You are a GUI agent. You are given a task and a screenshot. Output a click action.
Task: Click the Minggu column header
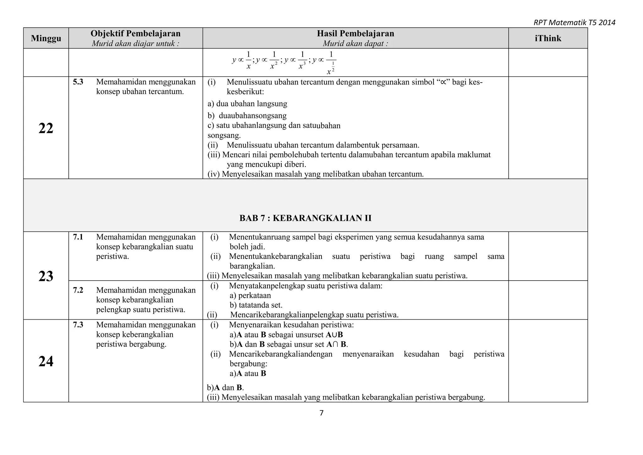46,38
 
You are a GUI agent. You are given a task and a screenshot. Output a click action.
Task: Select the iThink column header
548,38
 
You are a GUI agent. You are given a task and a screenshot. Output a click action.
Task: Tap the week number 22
46,128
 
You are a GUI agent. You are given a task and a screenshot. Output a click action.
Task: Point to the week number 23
46,276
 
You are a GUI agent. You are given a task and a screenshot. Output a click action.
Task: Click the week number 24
46,361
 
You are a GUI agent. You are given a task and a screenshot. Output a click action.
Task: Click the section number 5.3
78,82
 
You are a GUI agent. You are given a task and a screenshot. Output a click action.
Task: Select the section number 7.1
78,237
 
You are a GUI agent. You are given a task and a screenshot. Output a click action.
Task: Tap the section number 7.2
78,290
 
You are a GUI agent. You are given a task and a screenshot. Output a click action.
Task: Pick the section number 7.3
78,325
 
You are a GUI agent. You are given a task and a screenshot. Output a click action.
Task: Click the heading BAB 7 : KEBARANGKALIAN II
305,218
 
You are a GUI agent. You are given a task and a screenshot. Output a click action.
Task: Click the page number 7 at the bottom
321,413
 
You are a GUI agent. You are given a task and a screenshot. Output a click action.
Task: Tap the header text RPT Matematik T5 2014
574,22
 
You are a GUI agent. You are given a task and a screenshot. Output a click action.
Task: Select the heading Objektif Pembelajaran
135,34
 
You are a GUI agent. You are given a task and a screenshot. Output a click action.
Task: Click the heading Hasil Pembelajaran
355,34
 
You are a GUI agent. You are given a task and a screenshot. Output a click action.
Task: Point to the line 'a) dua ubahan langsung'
247,104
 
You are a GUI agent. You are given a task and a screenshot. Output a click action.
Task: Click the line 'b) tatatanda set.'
256,305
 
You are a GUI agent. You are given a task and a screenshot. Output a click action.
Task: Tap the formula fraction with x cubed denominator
302,60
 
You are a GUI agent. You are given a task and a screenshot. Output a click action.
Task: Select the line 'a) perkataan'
250,295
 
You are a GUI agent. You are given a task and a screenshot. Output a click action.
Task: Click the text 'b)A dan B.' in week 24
225,387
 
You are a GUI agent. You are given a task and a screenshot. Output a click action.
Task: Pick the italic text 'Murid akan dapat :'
355,44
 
